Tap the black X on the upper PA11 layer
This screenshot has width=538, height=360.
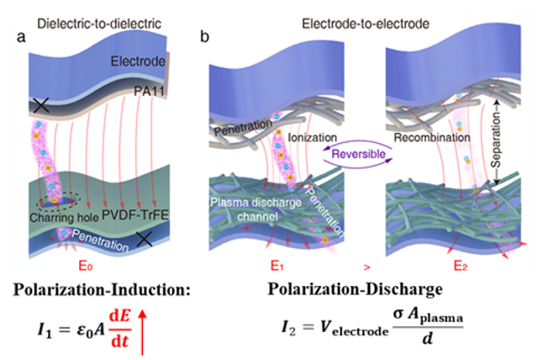point(39,107)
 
